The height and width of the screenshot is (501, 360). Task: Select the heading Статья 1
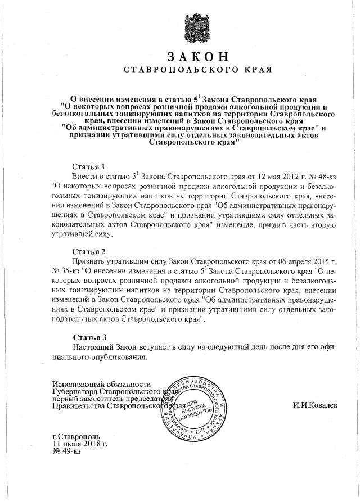point(89,167)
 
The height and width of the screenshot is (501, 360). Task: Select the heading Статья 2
point(89,251)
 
